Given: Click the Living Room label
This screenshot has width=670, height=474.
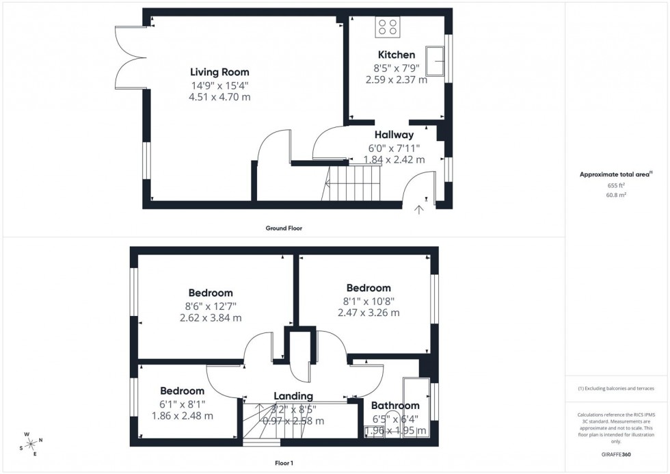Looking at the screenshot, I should pos(219,72).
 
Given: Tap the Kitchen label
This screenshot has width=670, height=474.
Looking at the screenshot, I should pos(396,55).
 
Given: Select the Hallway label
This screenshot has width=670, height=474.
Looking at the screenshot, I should pos(394,135).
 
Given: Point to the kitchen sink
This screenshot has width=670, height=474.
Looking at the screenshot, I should pos(435,61).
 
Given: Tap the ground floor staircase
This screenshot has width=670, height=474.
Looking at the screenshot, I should pos(351,183).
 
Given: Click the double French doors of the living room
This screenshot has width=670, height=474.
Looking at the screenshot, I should pos(131,57).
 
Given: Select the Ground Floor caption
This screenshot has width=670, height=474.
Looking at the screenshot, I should pos(284,228).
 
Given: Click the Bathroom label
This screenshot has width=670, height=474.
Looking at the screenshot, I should pos(395,406).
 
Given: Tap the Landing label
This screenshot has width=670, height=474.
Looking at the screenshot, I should pos(293,396).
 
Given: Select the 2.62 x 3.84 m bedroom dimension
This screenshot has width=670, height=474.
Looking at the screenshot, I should pos(211,318).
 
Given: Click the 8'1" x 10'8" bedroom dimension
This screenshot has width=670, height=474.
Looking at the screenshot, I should pos(368,300).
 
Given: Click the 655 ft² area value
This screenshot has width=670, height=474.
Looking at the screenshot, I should pos(617,185).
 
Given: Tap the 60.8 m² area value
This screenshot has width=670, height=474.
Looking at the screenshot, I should pos(617,195).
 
